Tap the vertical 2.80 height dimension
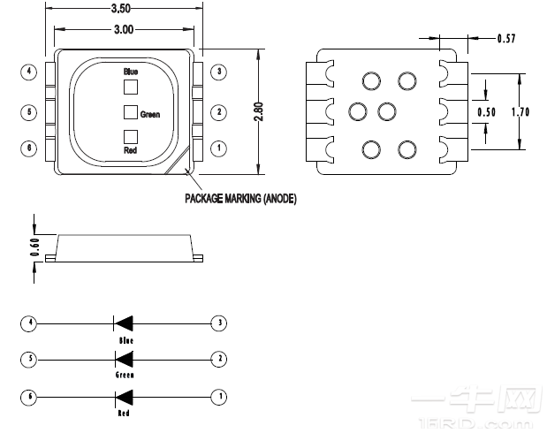[259, 112]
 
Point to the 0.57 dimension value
[506, 38]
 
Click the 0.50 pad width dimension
[486, 112]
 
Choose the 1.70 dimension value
[521, 112]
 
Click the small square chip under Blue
[130, 87]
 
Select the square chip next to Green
[130, 112]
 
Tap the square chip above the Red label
[130, 136]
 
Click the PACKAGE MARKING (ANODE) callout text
[240, 199]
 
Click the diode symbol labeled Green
[124, 360]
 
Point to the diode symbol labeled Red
[124, 397]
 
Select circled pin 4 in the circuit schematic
[30, 323]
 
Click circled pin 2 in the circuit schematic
[219, 360]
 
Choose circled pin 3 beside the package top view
[219, 71]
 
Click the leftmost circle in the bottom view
[358, 112]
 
